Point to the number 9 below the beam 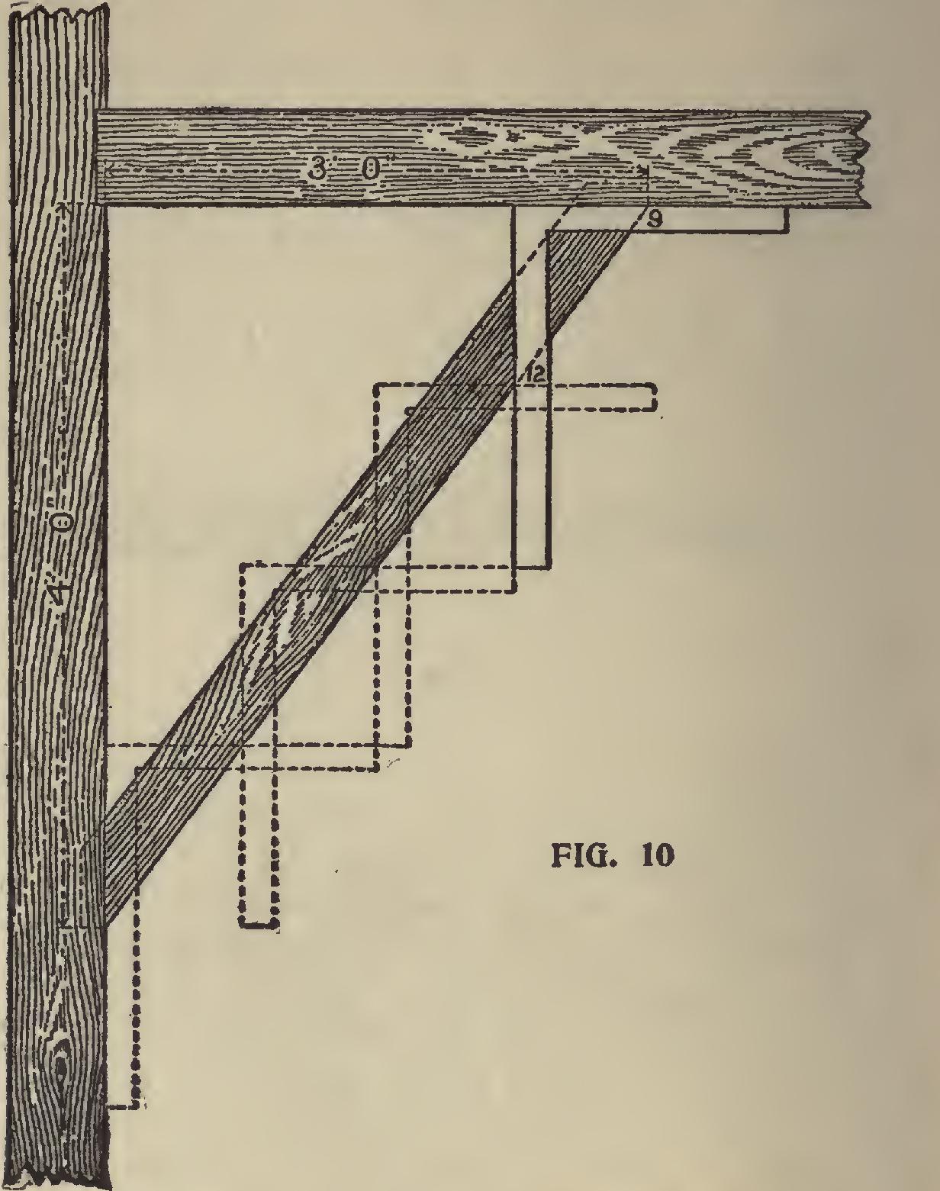point(654,220)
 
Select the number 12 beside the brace point(533,375)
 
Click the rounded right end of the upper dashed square point(654,398)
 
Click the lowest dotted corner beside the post point(137,1105)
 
